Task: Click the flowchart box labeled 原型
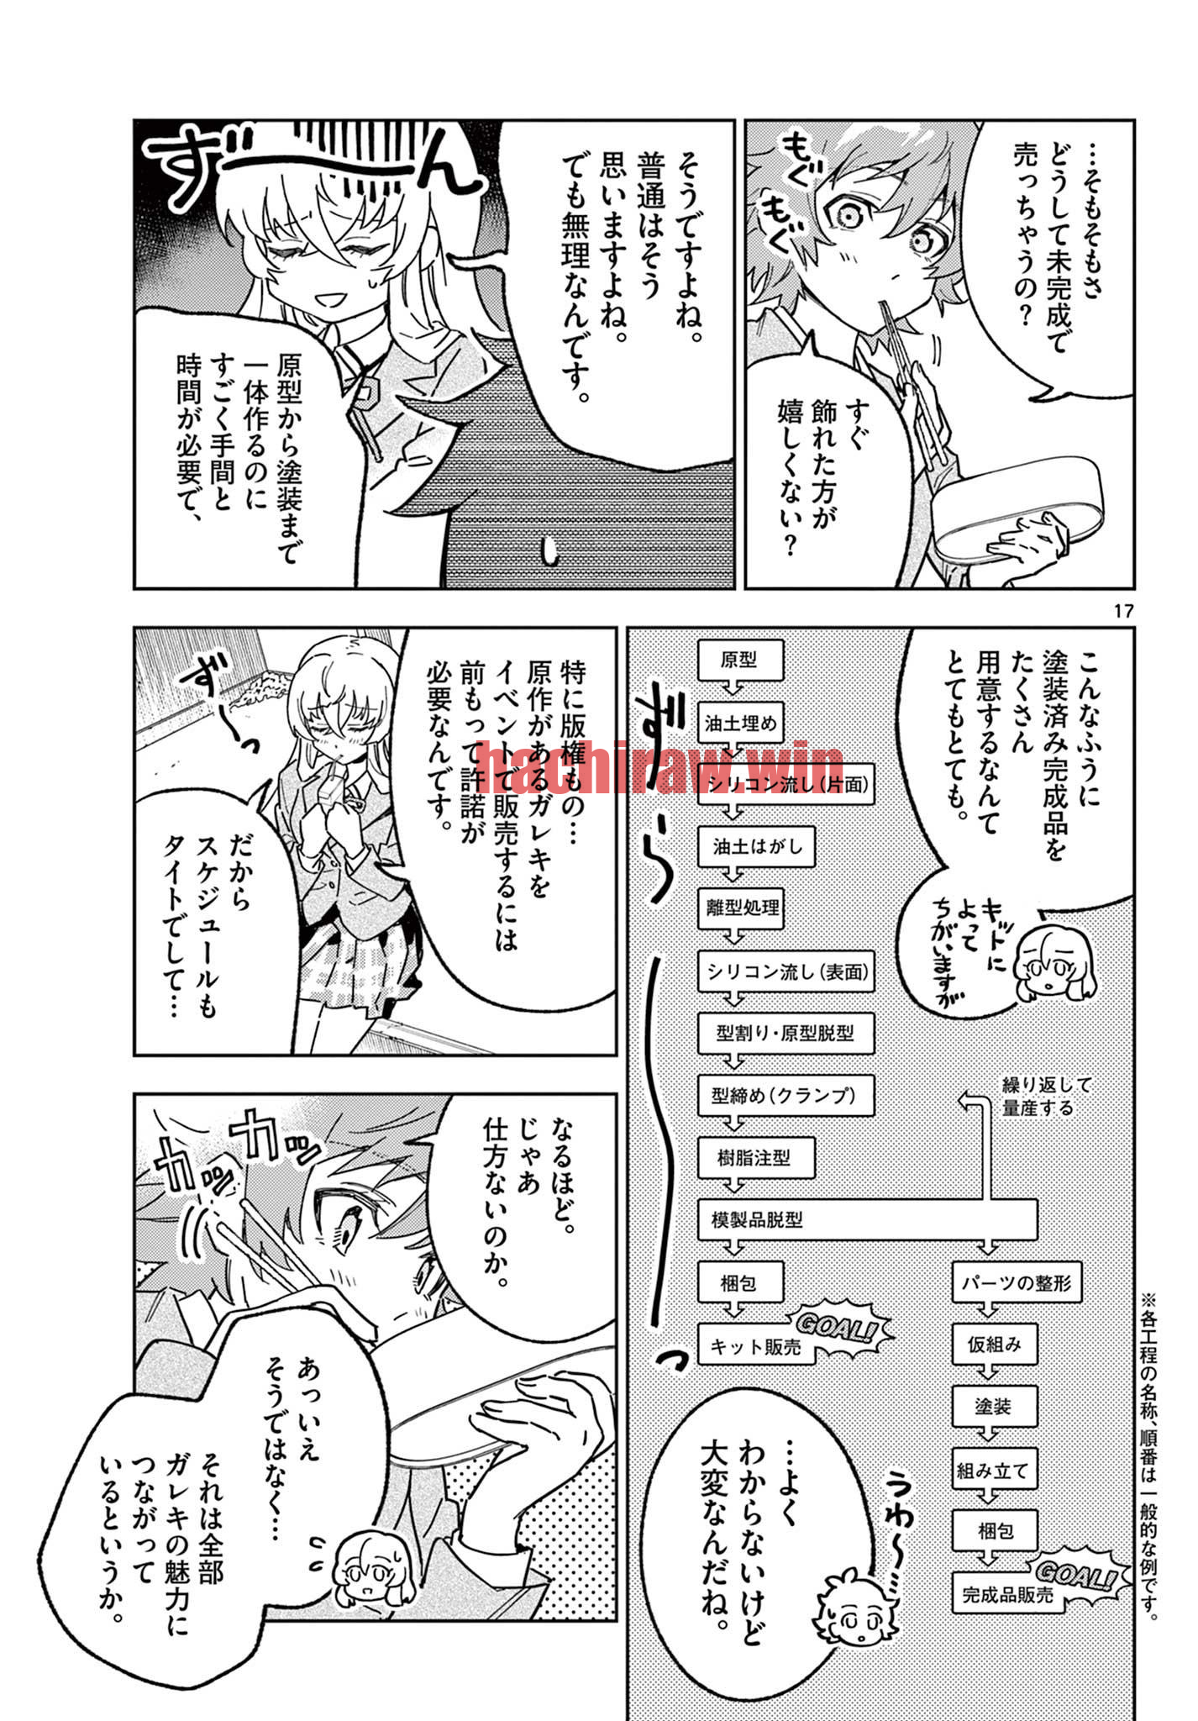(x=740, y=660)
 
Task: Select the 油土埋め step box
(x=740, y=722)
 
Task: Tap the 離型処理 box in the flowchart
(x=740, y=908)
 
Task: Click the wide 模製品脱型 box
(x=868, y=1219)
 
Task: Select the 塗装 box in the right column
(x=995, y=1406)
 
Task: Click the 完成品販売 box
(x=1008, y=1593)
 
